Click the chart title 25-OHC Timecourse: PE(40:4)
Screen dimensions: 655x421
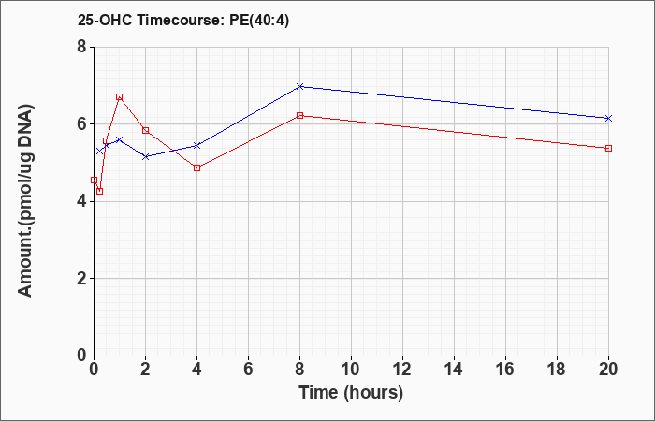(x=183, y=20)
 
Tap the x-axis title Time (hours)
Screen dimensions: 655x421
(x=351, y=393)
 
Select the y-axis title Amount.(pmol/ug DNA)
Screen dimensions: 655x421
(x=26, y=201)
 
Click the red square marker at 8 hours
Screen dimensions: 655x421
(x=299, y=115)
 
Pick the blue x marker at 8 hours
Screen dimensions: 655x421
(x=299, y=86)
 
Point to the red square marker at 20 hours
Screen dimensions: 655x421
(x=608, y=148)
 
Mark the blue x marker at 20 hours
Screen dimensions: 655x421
(x=608, y=119)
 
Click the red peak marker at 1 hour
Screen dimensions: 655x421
(x=120, y=97)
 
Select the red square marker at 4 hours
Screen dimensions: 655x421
(x=196, y=167)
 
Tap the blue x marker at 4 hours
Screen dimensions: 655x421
(x=196, y=145)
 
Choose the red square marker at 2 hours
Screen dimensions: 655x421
(x=145, y=130)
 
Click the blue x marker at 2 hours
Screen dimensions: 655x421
(x=145, y=156)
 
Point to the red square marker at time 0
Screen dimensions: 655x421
(x=94, y=180)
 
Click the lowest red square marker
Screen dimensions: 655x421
(x=100, y=191)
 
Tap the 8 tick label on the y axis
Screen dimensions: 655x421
(x=81, y=47)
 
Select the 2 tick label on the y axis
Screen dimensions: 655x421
(x=81, y=279)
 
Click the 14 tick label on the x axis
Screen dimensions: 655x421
(x=454, y=370)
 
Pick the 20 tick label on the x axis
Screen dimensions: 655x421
(x=608, y=370)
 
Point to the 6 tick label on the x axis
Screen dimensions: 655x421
(x=248, y=370)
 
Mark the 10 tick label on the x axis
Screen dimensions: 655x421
(x=351, y=370)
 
